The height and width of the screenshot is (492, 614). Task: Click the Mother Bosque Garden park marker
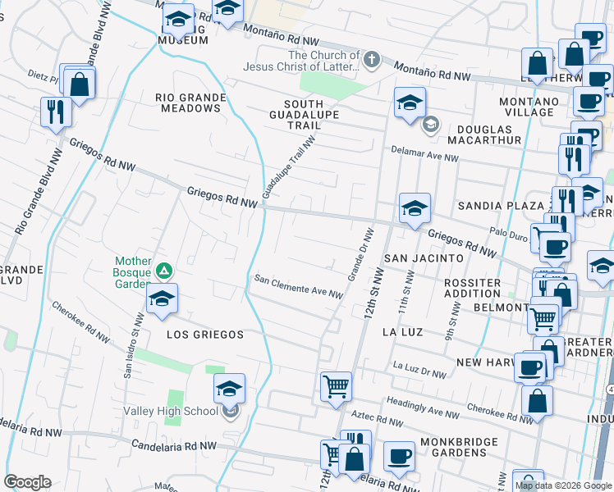point(164,270)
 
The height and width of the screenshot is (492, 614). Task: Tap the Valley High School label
point(172,411)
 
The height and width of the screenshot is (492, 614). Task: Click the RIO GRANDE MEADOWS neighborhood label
point(190,102)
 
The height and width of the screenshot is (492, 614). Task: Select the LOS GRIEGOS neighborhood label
point(205,335)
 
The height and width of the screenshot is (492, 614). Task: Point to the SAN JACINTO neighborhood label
point(424,257)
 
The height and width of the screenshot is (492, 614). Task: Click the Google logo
point(27,482)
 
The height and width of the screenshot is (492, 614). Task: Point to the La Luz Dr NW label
point(419,370)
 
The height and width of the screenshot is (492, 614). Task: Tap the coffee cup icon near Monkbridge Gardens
point(399,457)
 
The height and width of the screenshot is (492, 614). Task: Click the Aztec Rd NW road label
point(377,420)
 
